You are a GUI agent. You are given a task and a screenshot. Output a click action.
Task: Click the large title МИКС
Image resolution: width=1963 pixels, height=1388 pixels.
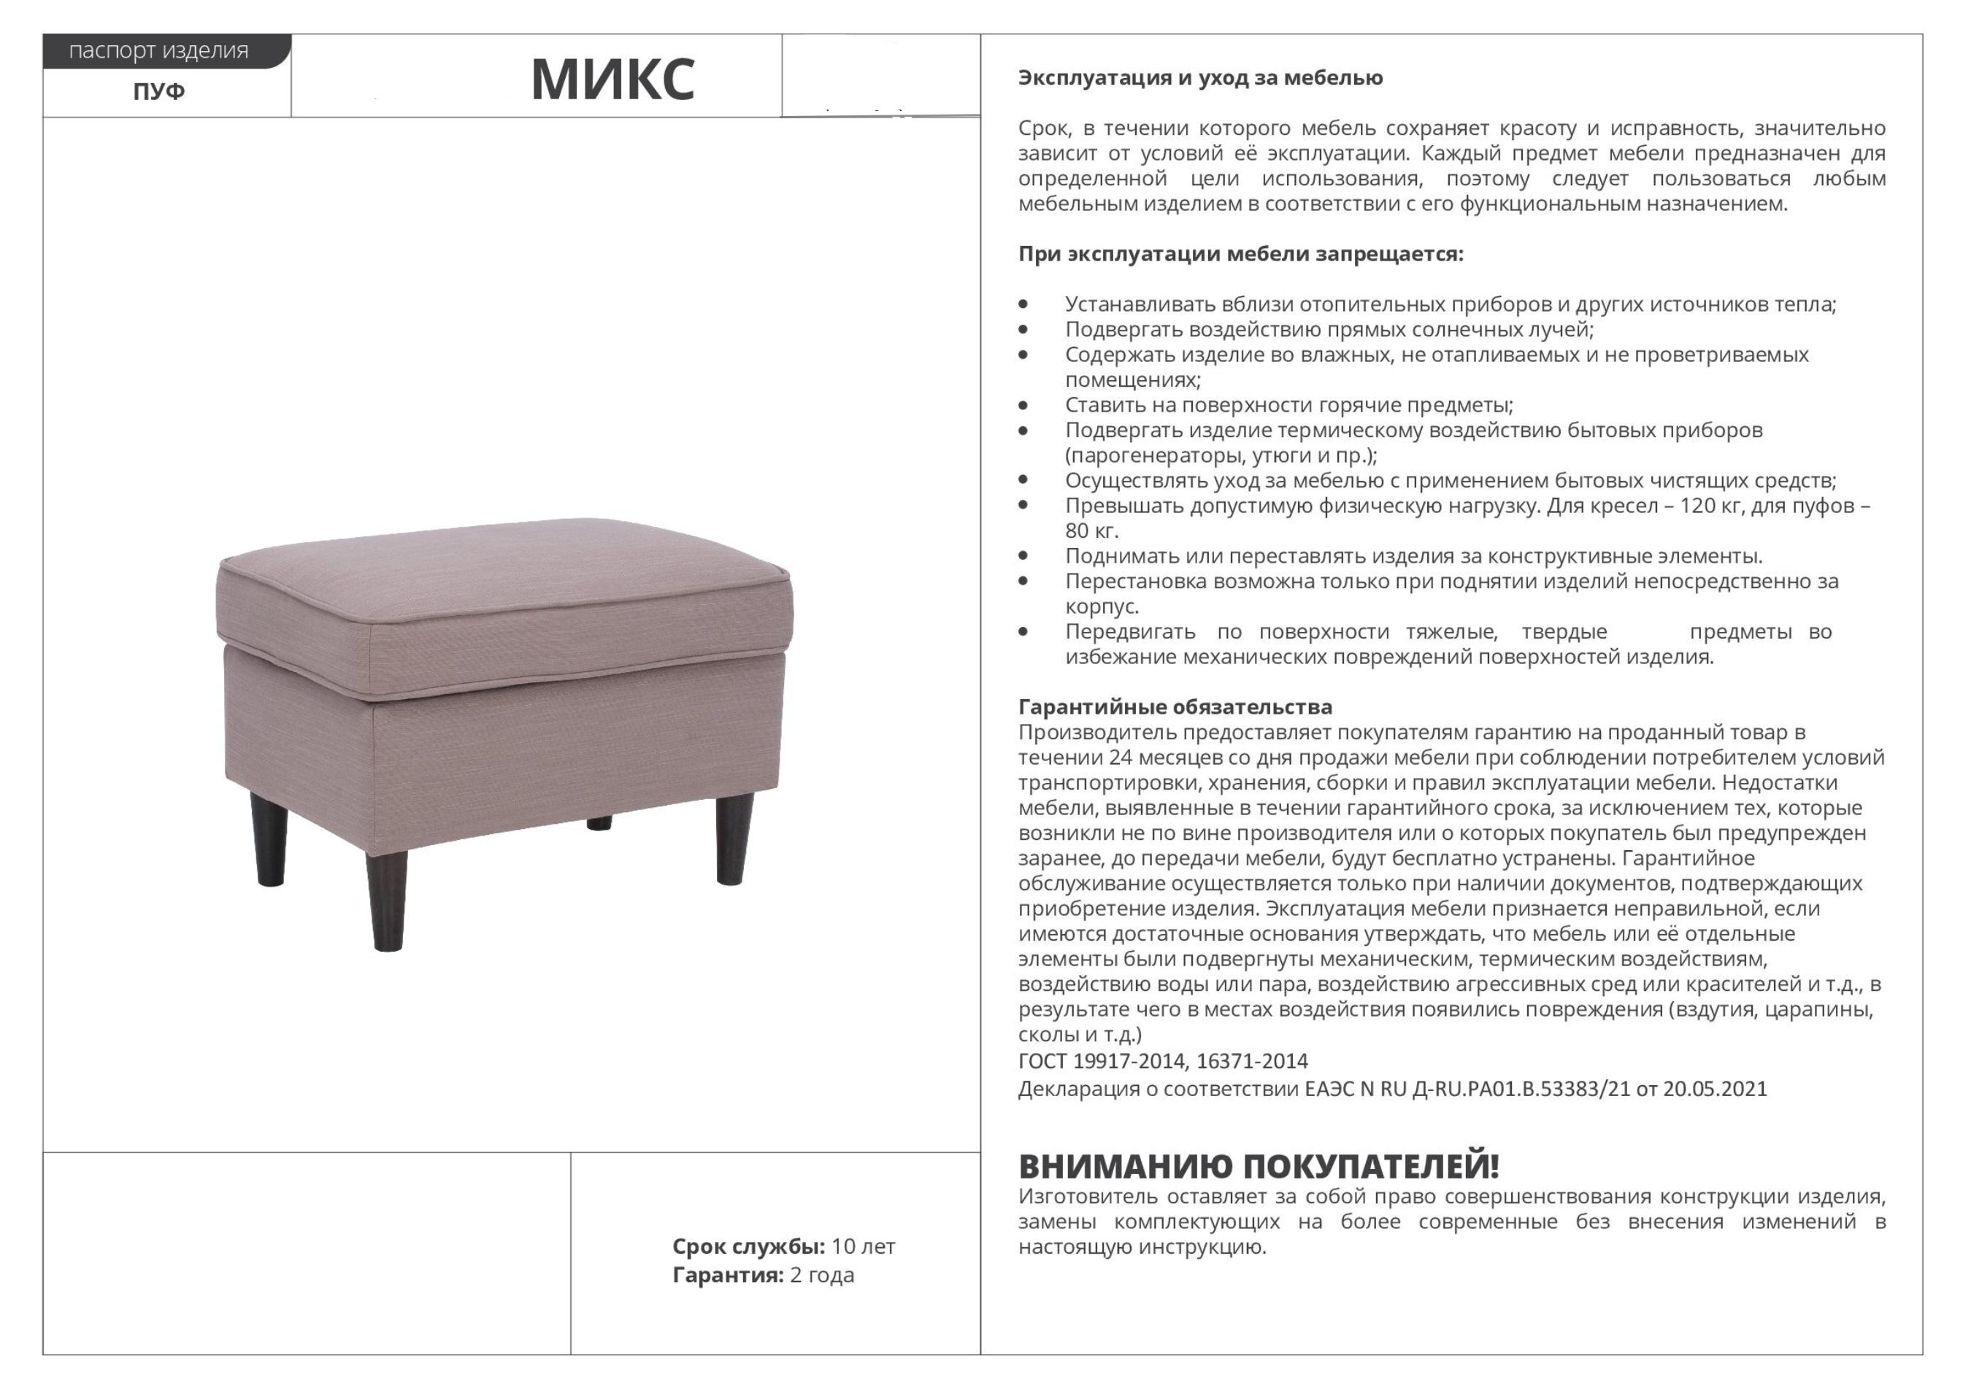coord(612,80)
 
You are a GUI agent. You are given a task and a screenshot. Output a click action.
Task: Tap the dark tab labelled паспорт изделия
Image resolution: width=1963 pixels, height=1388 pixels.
coord(159,51)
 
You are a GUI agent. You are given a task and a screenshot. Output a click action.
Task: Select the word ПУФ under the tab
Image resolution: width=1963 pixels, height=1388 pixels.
coord(159,91)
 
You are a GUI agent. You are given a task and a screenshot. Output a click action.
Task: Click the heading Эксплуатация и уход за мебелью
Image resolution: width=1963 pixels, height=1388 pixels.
coord(1200,78)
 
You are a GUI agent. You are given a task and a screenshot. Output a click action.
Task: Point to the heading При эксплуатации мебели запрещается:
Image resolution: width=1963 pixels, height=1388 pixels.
coord(1240,254)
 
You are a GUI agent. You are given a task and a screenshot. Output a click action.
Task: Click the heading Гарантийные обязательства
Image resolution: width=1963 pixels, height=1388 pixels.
coord(1175,707)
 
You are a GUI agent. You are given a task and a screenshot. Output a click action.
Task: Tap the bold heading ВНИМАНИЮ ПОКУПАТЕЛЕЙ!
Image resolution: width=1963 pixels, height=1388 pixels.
coord(1259,1165)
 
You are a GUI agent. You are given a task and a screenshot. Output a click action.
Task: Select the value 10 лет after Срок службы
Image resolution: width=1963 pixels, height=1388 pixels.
coord(863,1246)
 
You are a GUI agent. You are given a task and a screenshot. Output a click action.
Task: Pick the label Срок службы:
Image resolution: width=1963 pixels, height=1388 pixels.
coord(748,1246)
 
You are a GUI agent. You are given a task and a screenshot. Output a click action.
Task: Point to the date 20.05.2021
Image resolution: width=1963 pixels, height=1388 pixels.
coord(1714,1089)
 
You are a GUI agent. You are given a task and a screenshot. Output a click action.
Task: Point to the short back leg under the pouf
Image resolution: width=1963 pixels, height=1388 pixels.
coord(599,823)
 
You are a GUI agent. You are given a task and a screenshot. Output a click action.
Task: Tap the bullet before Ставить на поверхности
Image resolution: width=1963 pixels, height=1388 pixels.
coord(1023,405)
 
